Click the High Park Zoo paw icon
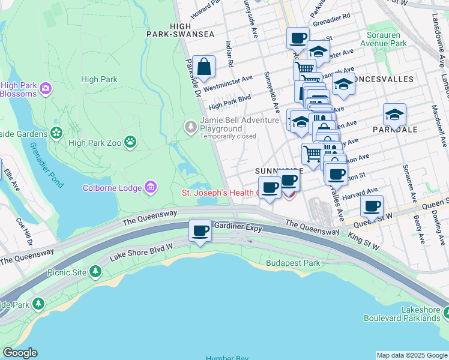tap(130, 142)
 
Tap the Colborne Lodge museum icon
tap(151, 188)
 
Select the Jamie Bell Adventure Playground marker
tap(190, 126)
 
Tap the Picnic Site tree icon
tap(95, 272)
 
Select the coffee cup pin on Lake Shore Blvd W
tap(200, 230)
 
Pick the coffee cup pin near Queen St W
tap(372, 206)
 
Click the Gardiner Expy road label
tap(239, 226)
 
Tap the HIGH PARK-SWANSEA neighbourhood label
tap(180, 31)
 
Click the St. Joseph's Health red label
tap(220, 193)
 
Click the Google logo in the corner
tap(20, 353)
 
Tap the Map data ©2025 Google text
tap(412, 355)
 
